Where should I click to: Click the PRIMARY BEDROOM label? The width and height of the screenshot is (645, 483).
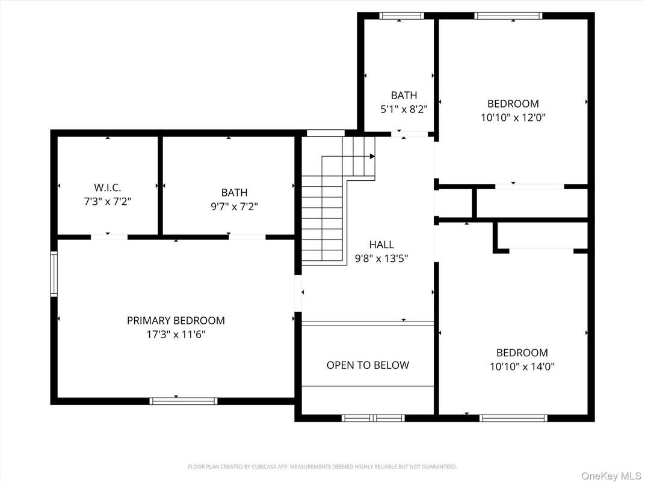[x=176, y=321]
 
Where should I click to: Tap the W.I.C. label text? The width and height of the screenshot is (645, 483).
[x=107, y=188]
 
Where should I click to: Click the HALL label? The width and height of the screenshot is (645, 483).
[x=381, y=245]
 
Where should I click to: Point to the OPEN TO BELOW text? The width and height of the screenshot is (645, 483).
[x=368, y=365]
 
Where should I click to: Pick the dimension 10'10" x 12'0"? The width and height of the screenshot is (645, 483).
[x=513, y=118]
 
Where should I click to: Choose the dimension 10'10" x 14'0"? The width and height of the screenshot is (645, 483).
[x=522, y=366]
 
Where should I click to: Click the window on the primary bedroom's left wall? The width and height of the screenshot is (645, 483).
[x=54, y=274]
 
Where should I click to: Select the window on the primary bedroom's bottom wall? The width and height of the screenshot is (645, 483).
[x=183, y=401]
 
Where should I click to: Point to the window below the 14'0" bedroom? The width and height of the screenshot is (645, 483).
[x=513, y=418]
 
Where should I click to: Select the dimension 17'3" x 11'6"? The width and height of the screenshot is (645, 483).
[x=176, y=335]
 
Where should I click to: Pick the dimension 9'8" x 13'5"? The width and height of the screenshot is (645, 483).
[x=381, y=258]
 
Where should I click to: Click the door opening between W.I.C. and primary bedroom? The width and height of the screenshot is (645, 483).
[x=109, y=237]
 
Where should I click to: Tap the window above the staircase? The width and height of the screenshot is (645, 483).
[x=326, y=133]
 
